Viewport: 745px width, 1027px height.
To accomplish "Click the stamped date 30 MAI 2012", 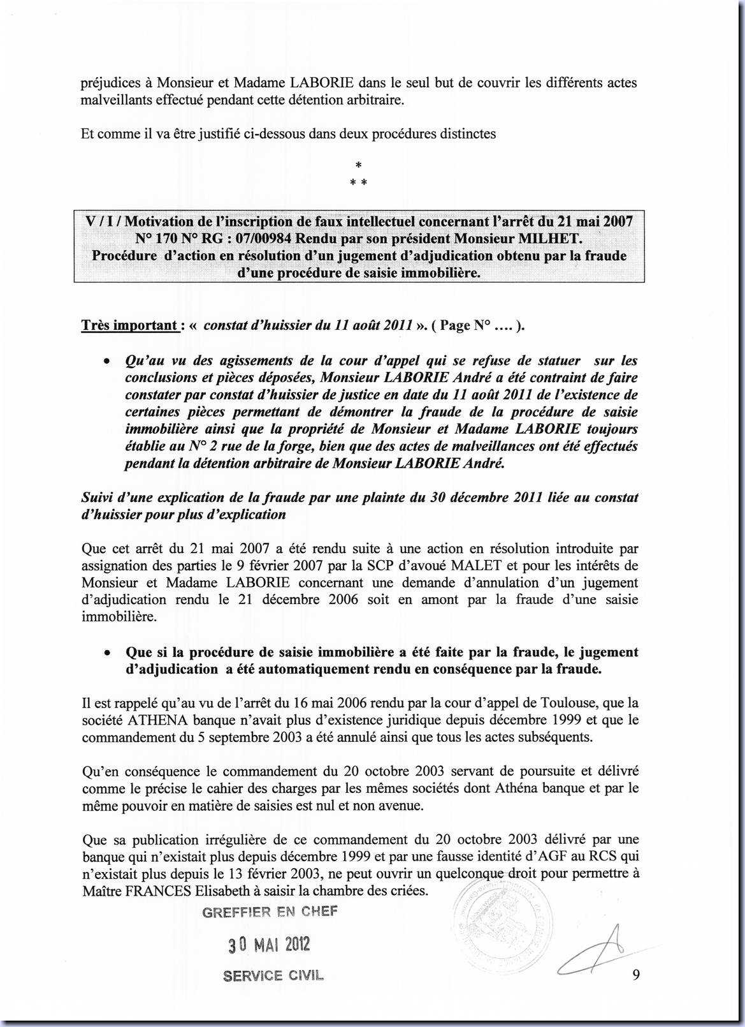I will point(270,944).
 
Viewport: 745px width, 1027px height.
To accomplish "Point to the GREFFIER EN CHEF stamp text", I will point(270,912).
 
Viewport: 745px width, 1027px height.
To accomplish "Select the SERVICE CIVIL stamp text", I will point(273,975).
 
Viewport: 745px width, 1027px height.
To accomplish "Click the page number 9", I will point(636,974).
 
